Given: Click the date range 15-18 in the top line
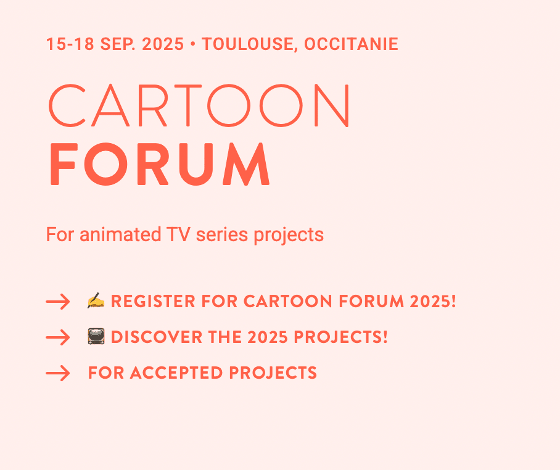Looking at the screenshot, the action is point(70,44).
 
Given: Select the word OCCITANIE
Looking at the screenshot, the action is point(351,44).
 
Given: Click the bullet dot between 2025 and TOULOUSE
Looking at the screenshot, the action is point(193,44).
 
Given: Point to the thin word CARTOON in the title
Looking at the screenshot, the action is point(199,105).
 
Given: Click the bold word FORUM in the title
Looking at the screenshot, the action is point(159,164).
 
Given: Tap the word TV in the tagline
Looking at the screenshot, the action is point(178,234).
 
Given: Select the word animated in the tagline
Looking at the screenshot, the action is point(120,234).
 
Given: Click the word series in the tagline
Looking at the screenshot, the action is point(222,234).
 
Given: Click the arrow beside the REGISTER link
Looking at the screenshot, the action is point(58,302).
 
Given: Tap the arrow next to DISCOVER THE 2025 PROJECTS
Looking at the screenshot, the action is point(58,337).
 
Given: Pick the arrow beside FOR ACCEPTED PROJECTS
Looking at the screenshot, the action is point(58,373).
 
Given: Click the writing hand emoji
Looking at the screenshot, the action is point(96,300).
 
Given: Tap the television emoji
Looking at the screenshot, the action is point(96,336).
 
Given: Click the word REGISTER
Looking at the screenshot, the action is point(153,301).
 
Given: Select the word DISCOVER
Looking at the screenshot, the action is point(157,337).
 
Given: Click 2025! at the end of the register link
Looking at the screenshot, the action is point(433,301).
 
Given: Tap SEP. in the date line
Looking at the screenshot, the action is point(118,44).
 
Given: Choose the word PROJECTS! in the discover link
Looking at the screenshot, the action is point(340,337).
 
